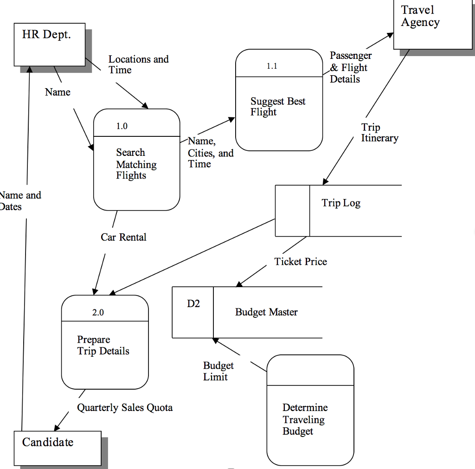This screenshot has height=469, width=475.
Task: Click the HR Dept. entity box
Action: (50, 45)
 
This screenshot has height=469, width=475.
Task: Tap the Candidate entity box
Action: (57, 448)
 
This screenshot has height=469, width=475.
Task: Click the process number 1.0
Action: (122, 126)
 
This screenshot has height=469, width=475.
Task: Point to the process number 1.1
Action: (272, 66)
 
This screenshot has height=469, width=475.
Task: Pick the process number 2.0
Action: (98, 313)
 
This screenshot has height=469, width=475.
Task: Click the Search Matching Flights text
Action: (136, 164)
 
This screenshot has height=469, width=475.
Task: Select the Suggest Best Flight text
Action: (278, 107)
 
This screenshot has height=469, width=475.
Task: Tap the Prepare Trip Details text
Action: (103, 346)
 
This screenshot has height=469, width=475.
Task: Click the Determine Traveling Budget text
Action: (305, 419)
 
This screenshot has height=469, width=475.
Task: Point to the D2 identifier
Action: (193, 304)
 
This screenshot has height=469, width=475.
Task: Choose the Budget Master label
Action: (266, 312)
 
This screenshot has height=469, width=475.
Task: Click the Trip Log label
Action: (341, 203)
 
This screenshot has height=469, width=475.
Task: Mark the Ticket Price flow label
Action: (301, 262)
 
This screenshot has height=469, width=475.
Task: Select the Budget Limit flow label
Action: (218, 372)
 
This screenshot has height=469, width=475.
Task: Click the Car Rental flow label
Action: (123, 238)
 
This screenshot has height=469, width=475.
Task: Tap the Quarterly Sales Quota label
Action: (125, 408)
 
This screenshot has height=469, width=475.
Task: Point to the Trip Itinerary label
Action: (379, 133)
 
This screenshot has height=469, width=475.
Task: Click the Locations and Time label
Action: (138, 64)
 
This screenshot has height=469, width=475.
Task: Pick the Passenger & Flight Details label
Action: (350, 67)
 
